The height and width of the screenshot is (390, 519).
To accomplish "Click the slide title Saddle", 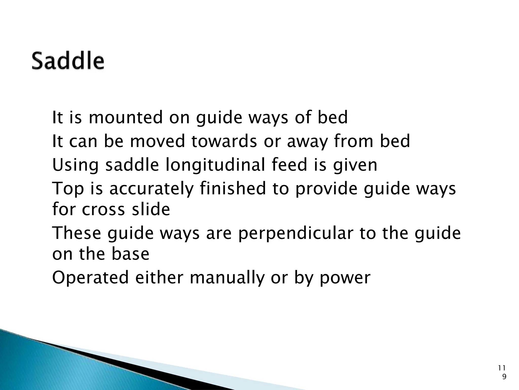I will (68, 61).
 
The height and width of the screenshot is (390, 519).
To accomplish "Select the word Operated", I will (90, 278).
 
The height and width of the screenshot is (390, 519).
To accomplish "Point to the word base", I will (131, 254).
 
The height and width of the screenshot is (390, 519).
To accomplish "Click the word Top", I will (68, 189).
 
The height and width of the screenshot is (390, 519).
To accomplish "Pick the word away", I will (307, 142).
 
